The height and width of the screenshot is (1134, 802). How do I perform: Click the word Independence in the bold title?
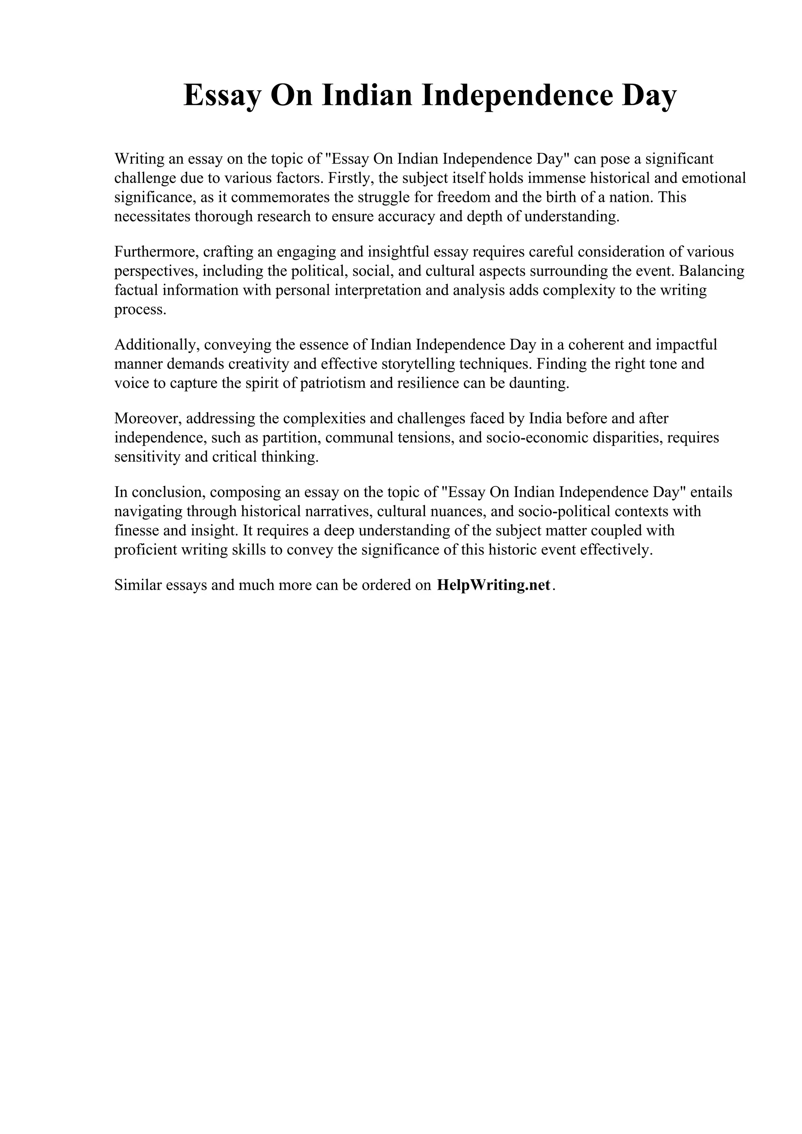click(x=517, y=95)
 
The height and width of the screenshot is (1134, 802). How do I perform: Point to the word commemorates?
click(x=281, y=197)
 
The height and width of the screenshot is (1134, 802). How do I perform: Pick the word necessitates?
click(x=153, y=216)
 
